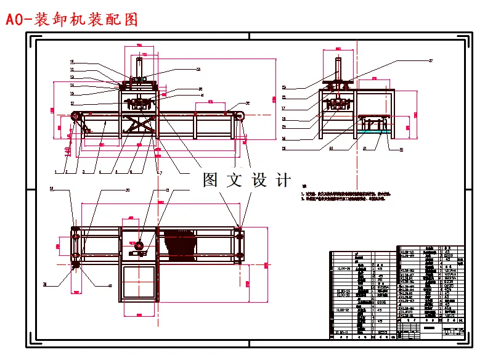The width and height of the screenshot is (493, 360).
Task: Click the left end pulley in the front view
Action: pos(75,118)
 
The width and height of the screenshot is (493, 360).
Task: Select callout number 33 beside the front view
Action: pos(198,70)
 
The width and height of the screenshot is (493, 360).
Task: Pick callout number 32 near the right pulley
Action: pos(248,103)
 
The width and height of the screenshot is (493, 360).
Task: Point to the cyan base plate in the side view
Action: pos(373,131)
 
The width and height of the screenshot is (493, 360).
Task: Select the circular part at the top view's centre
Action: pos(139,246)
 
